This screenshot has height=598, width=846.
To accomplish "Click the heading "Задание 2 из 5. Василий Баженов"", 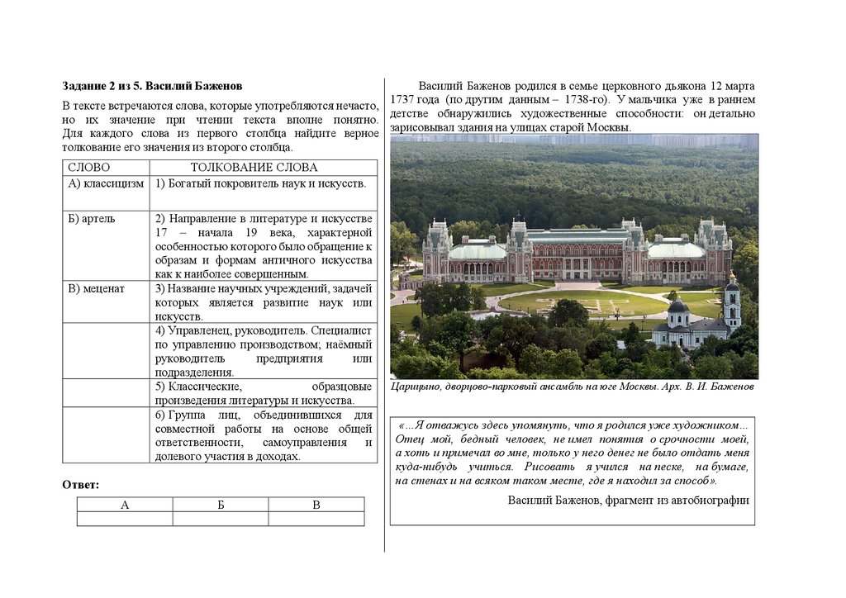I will tap(152, 86).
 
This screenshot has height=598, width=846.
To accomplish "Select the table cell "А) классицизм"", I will tap(106, 183).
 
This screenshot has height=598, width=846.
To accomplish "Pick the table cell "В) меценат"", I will tap(96, 288).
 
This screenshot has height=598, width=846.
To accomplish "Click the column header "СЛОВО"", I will tap(88, 167).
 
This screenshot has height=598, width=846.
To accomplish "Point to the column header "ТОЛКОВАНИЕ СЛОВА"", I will tap(254, 167).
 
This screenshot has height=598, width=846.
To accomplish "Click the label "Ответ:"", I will tap(81, 484).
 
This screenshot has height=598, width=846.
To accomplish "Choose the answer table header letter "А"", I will tap(125, 505).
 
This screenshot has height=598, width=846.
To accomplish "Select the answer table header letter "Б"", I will tap(221, 505).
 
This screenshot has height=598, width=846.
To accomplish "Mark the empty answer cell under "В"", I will tap(316, 519).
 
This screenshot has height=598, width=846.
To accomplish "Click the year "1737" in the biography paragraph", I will tap(393, 100).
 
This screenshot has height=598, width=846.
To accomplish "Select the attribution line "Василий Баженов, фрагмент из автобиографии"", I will tap(628, 500).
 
